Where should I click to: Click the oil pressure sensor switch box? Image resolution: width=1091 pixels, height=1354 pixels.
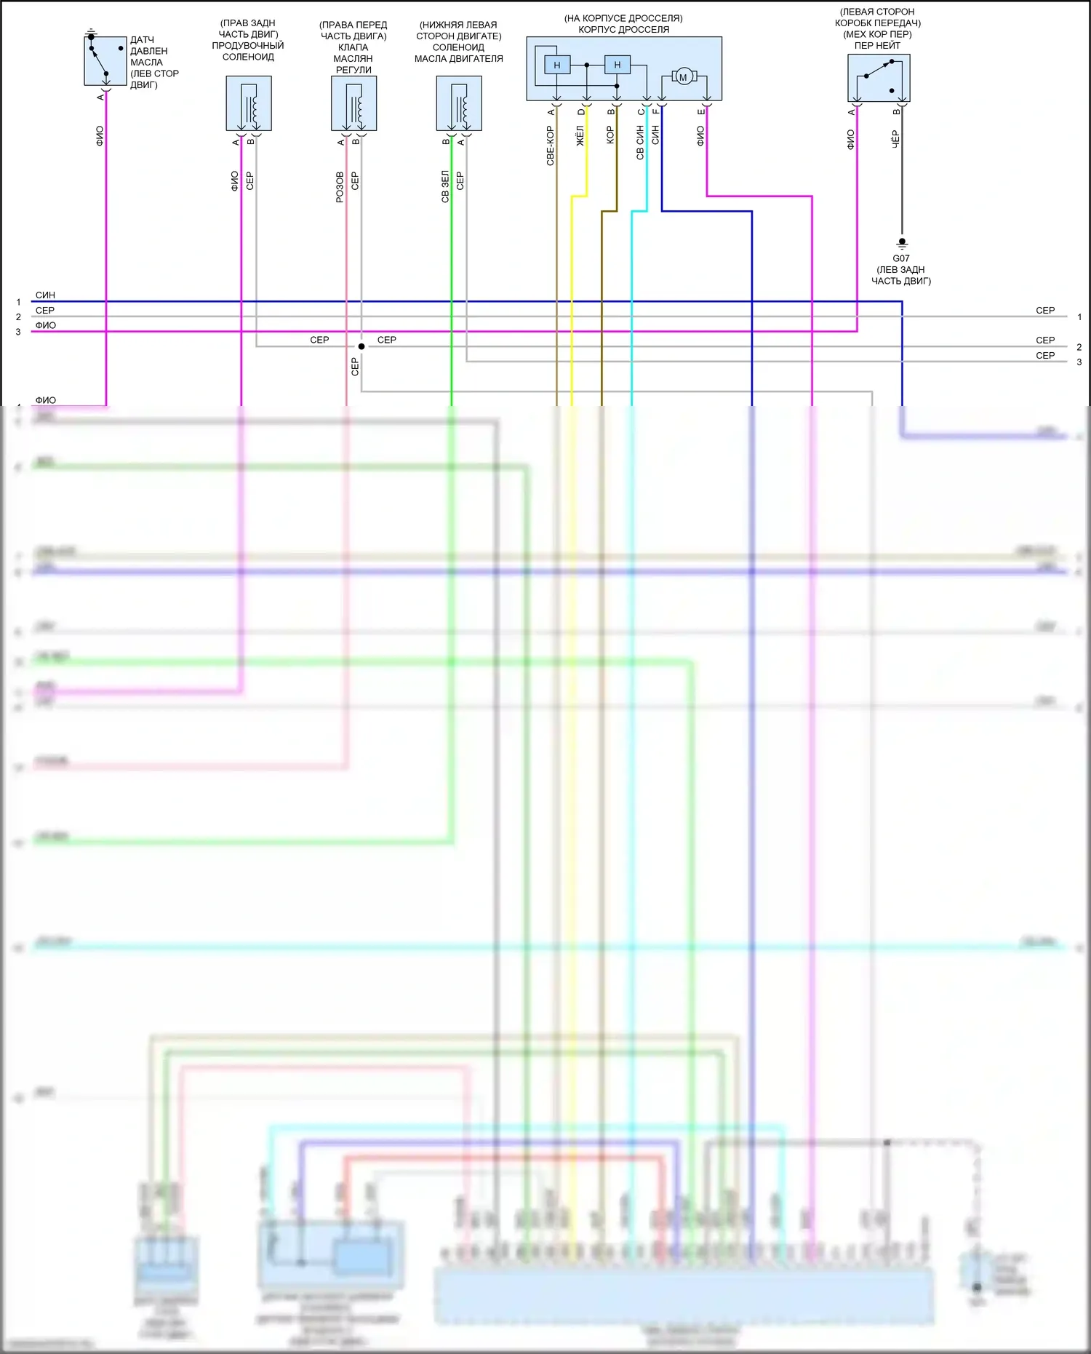(x=105, y=61)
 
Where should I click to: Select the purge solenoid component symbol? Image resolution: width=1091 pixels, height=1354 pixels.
(x=249, y=103)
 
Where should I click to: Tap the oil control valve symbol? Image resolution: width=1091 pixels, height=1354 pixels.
(x=353, y=103)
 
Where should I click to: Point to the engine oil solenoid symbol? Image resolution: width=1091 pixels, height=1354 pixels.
(x=459, y=103)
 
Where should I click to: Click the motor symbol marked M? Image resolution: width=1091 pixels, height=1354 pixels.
(x=683, y=76)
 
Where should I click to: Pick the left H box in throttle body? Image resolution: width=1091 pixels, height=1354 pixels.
(x=557, y=65)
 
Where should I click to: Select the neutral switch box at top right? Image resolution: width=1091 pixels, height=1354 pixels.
(x=879, y=78)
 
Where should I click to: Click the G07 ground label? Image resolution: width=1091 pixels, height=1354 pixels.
(x=901, y=258)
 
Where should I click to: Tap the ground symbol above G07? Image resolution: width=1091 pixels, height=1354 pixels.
(x=902, y=242)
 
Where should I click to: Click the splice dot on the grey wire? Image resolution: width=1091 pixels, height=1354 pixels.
(x=361, y=346)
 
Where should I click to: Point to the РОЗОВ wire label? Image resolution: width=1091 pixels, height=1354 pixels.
(x=340, y=187)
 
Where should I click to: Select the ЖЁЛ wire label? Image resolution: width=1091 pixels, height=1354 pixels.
(x=580, y=136)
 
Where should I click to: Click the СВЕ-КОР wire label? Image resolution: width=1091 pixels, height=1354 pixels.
(x=551, y=146)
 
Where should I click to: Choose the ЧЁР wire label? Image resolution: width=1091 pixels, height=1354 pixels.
(x=896, y=140)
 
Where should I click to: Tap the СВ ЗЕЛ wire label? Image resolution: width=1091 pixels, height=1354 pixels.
(x=445, y=186)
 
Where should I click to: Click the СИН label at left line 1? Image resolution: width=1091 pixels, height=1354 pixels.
(x=45, y=295)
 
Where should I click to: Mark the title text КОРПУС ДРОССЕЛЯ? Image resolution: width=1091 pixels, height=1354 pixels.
(x=623, y=30)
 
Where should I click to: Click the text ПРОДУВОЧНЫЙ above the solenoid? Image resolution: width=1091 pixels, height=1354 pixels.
(x=248, y=45)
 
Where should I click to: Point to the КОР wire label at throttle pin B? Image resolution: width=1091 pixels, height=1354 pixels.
(x=610, y=135)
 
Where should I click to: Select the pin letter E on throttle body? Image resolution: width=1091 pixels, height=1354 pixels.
(x=701, y=111)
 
